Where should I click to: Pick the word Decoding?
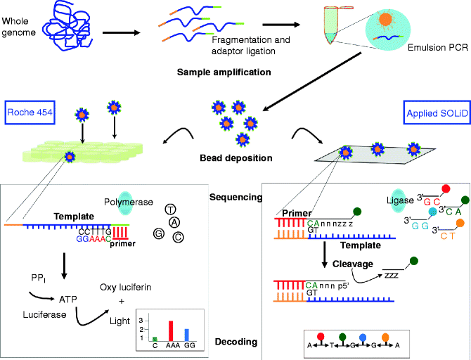(237, 342)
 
